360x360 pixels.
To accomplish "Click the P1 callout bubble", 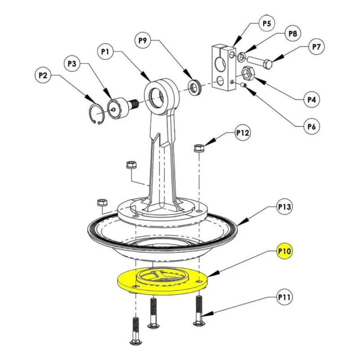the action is [105, 52].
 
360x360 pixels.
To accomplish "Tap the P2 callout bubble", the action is [43, 75].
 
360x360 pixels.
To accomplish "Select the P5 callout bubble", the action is [267, 23].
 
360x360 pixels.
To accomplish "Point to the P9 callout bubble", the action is [143, 40].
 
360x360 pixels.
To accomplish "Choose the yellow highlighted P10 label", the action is [285, 251].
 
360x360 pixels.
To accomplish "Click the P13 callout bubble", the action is [285, 207].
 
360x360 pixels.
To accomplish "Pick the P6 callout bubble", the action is [311, 126].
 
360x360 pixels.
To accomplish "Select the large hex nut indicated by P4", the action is [247, 73].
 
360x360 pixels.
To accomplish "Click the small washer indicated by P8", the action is [241, 57].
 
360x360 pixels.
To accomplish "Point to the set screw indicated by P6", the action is [243, 85].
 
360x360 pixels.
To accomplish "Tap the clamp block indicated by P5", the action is [223, 68].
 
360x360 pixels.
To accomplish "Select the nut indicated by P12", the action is [199, 148].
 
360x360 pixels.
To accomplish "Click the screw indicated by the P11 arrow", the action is [199, 310].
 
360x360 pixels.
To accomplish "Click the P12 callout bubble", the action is [243, 133].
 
